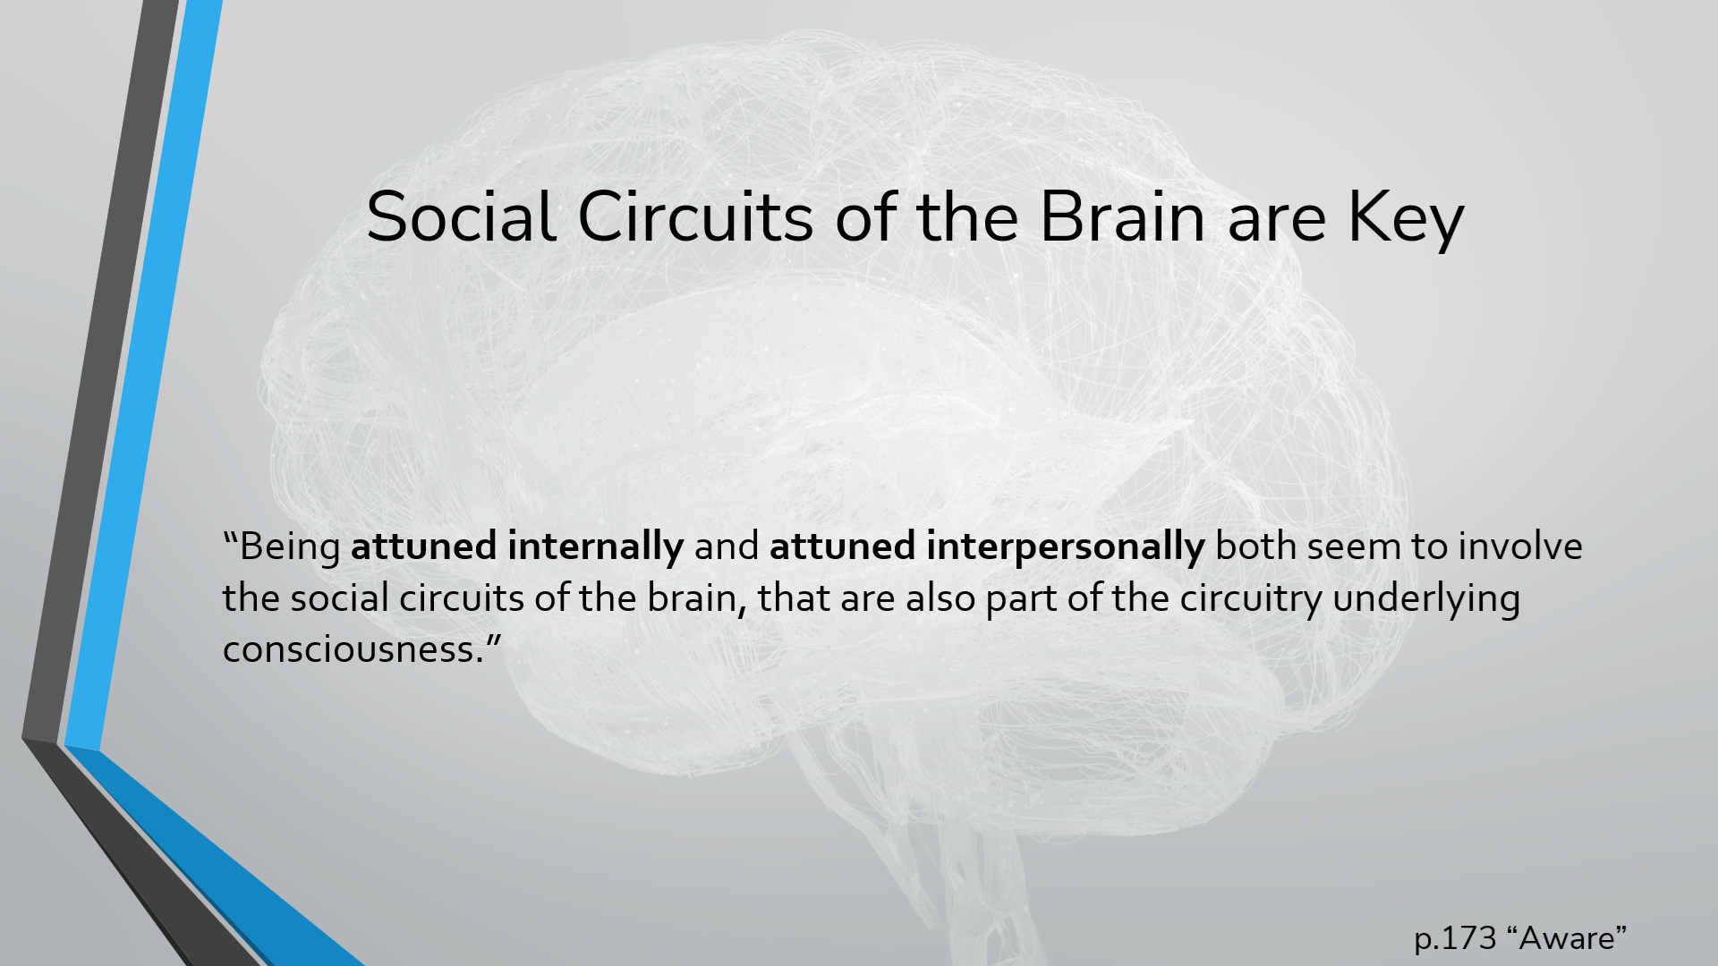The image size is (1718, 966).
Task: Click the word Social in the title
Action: click(461, 217)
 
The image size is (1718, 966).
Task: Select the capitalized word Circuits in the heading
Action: click(695, 217)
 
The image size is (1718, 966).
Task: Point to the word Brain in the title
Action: click(1122, 217)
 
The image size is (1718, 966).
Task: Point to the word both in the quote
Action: click(1256, 546)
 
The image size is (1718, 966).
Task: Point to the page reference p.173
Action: click(1455, 938)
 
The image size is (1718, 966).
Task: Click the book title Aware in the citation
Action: click(1567, 938)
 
